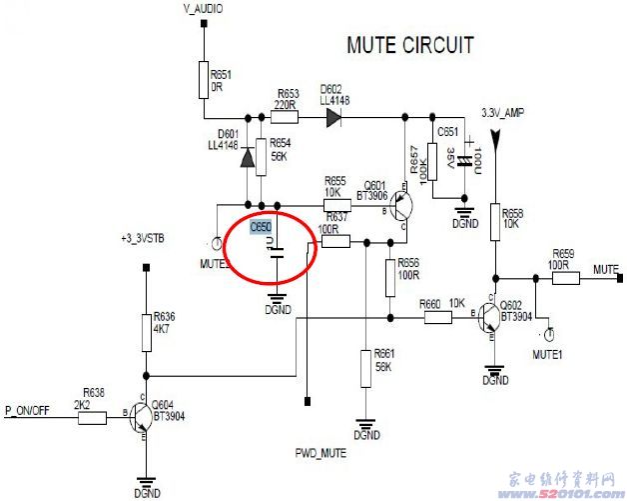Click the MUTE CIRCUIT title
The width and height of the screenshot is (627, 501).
[409, 45]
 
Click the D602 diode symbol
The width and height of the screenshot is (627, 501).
[332, 117]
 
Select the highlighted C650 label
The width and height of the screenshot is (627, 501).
[261, 227]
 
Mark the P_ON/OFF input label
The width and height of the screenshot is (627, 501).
[28, 410]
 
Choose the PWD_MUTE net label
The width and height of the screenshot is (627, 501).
[319, 454]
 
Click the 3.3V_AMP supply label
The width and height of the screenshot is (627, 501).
[501, 112]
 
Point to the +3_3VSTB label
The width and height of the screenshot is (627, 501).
[141, 239]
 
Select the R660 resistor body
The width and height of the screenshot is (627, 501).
[440, 317]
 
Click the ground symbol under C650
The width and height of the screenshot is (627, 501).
[279, 296]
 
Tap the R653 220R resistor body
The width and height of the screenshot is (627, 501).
[287, 116]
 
